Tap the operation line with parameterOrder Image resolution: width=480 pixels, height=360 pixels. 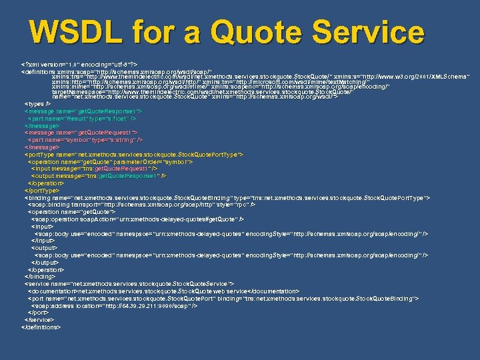111,161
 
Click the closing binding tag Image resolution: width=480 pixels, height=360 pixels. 39,276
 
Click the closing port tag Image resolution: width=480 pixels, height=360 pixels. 38,313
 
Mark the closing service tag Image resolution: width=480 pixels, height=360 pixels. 39,320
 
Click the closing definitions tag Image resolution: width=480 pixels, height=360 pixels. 41,327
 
